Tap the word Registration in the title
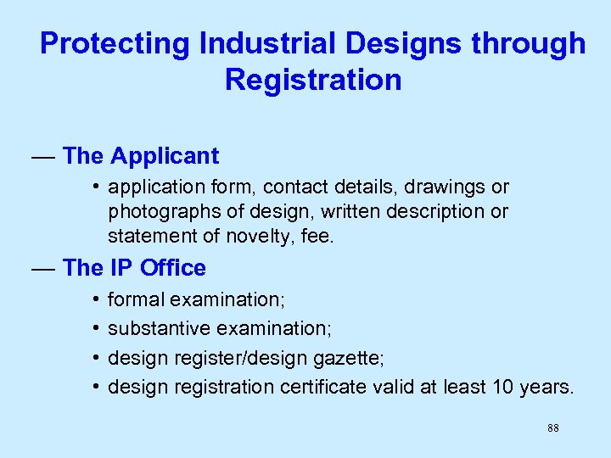tap(313, 80)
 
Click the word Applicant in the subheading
tap(165, 156)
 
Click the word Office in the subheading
tap(173, 268)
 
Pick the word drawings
tap(451, 187)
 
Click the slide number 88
tap(552, 429)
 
